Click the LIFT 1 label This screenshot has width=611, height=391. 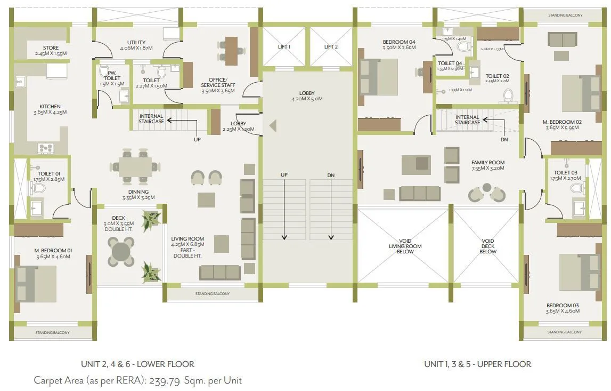pos(284,47)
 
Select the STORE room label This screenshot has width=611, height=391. pos(51,48)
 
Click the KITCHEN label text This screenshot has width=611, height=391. pos(50,106)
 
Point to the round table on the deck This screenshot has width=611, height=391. pos(121,250)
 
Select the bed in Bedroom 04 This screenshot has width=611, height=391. pos(379,76)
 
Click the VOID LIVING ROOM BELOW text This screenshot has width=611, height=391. pos(405,246)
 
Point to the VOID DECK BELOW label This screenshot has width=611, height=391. pos(487,246)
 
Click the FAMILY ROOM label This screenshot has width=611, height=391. pos(487,163)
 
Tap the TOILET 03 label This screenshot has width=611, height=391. pos(565,172)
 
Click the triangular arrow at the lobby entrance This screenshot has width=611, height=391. pos(273,126)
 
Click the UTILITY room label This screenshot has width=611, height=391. pos(136,43)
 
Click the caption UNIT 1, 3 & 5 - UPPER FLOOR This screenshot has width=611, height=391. pos(477,364)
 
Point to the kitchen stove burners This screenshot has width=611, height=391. pos(45,148)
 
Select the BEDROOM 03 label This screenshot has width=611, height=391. pos(562,306)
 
